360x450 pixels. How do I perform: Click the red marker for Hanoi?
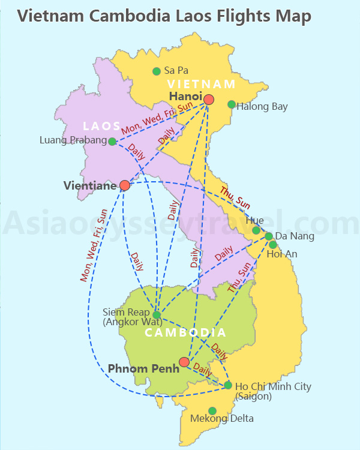209,99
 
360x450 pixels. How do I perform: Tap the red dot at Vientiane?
125,185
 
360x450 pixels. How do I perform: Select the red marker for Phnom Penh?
184,362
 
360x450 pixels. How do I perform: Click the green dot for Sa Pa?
157,71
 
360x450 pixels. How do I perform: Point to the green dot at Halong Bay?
232,104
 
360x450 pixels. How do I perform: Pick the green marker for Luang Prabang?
112,142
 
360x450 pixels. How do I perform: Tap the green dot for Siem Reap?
157,314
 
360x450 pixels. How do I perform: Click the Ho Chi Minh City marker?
228,385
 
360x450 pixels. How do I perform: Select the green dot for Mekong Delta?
212,411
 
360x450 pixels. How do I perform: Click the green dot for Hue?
256,230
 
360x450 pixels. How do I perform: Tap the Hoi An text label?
282,254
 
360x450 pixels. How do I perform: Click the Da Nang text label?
294,236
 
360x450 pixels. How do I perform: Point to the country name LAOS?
102,126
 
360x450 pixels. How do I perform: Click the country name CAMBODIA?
186,332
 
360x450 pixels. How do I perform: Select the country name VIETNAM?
202,84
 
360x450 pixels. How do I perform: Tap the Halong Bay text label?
262,107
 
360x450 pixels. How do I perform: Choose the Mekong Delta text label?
222,419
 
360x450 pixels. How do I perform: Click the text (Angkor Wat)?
133,322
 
